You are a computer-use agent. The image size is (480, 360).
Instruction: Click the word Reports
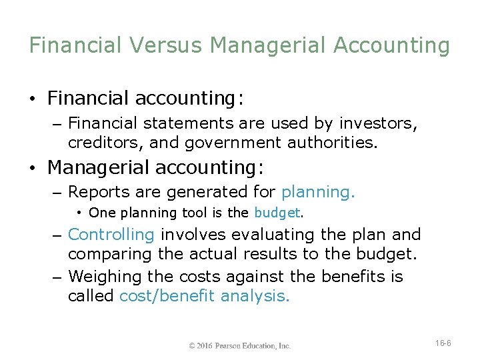96,192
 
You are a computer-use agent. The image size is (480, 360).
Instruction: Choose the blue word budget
277,213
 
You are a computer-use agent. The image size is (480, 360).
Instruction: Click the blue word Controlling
111,235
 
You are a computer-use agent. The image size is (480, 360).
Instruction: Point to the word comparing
107,253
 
